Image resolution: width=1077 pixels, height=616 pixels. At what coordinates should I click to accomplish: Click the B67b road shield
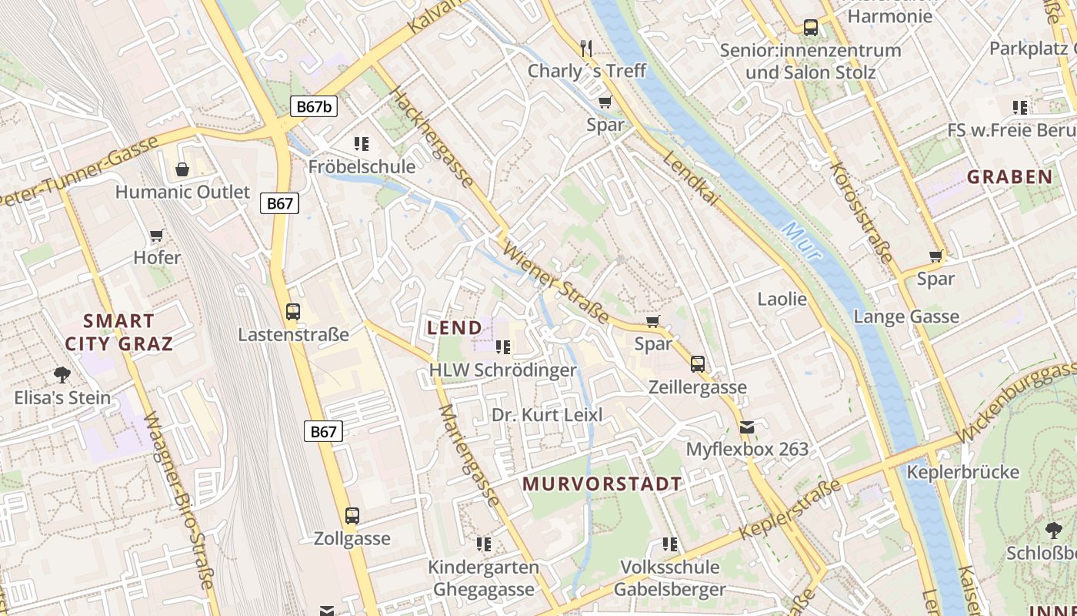(x=314, y=106)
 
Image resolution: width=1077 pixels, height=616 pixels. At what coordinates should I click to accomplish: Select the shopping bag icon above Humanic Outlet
(x=182, y=169)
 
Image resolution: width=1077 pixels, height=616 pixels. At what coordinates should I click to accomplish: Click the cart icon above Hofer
(x=157, y=235)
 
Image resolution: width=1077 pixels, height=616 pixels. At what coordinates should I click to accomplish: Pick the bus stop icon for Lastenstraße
(x=293, y=312)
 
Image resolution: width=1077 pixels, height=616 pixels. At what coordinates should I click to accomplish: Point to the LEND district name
(x=455, y=327)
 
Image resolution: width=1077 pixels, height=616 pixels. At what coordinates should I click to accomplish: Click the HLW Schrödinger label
(x=502, y=370)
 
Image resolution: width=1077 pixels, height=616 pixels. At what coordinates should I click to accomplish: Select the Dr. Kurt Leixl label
(x=547, y=415)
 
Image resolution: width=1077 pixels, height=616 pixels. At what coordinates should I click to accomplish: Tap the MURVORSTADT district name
(x=602, y=484)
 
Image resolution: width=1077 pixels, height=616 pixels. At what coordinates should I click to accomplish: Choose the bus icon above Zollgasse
(x=352, y=515)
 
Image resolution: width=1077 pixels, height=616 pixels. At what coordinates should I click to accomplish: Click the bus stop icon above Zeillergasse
(x=698, y=363)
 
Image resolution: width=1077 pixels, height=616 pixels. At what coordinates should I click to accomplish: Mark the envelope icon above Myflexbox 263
(x=747, y=427)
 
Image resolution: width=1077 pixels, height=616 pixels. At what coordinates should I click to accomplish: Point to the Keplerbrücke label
(x=963, y=471)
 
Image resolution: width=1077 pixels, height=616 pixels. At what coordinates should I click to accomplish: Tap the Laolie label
(x=782, y=299)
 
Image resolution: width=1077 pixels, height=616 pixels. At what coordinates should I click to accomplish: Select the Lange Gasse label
(x=906, y=316)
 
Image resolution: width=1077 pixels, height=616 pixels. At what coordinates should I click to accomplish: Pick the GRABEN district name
(x=1009, y=177)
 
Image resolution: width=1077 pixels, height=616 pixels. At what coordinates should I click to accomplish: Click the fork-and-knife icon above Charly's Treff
(x=587, y=49)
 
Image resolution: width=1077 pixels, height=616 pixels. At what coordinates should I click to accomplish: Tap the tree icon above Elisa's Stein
(x=62, y=375)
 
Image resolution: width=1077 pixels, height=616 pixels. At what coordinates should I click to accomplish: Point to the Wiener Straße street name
(x=555, y=283)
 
